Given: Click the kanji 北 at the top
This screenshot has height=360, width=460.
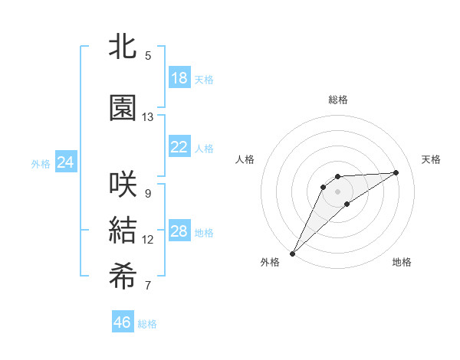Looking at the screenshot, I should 123,46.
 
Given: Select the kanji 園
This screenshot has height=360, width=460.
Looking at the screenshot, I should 123,108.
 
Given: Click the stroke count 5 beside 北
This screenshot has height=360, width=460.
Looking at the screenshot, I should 148,55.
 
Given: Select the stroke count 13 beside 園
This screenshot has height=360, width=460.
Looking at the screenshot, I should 148,117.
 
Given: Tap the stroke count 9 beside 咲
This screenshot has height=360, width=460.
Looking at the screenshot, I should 148,193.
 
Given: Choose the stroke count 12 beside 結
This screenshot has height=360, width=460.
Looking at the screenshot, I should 148,240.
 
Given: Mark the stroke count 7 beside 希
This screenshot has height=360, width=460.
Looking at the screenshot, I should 148,286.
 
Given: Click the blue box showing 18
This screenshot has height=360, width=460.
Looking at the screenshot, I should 179,78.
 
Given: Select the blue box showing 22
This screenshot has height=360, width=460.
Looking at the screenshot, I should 179,147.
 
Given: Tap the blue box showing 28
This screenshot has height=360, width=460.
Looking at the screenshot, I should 179,231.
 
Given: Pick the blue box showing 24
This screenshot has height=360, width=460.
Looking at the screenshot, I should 65,162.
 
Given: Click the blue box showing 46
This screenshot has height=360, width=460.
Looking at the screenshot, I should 123,322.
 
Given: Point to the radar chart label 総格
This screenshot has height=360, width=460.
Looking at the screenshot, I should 338,100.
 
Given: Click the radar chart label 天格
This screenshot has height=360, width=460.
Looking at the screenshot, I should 432,159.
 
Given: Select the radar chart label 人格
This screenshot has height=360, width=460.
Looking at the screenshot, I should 245,159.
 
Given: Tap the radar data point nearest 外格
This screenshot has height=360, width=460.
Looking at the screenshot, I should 292,253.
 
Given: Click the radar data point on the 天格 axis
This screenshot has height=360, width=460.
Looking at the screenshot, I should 396,172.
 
